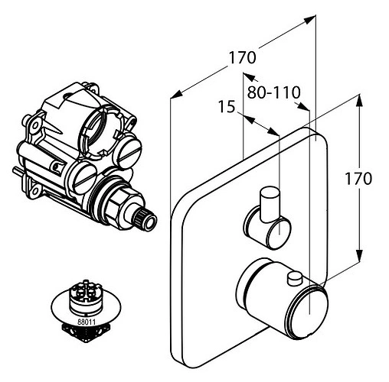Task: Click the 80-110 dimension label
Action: pyautogui.click(x=273, y=92)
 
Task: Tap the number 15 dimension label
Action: pyautogui.click(x=227, y=107)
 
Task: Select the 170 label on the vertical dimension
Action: pyautogui.click(x=358, y=179)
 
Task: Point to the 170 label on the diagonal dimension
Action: pyautogui.click(x=242, y=57)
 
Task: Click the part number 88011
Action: pyautogui.click(x=87, y=322)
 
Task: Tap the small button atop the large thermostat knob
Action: pyautogui.click(x=295, y=278)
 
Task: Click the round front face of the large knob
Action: pyautogui.click(x=309, y=313)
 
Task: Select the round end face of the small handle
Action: pyautogui.click(x=278, y=232)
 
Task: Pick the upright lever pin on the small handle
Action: pyautogui.click(x=270, y=204)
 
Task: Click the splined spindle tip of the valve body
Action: pyautogui.click(x=146, y=219)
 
